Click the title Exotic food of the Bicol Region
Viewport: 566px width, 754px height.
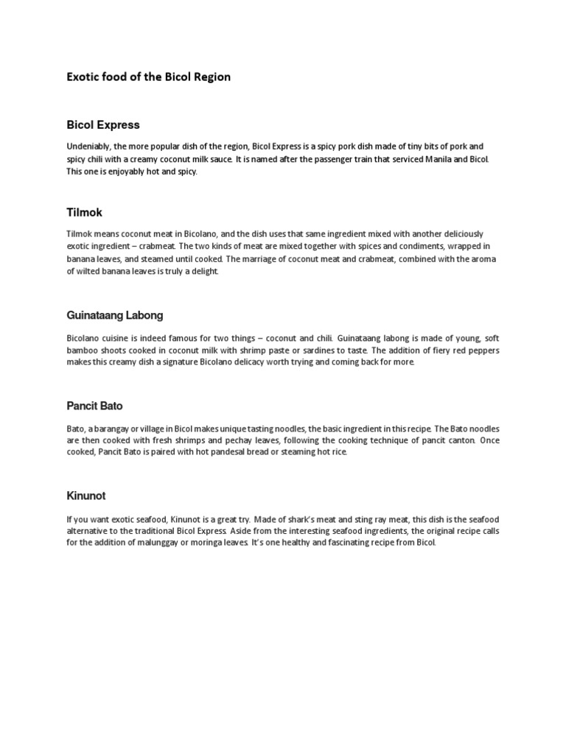click(148, 77)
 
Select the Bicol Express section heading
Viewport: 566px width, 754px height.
click(102, 125)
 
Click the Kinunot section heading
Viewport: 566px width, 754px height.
click(87, 496)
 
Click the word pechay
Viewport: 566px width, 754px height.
click(242, 440)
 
